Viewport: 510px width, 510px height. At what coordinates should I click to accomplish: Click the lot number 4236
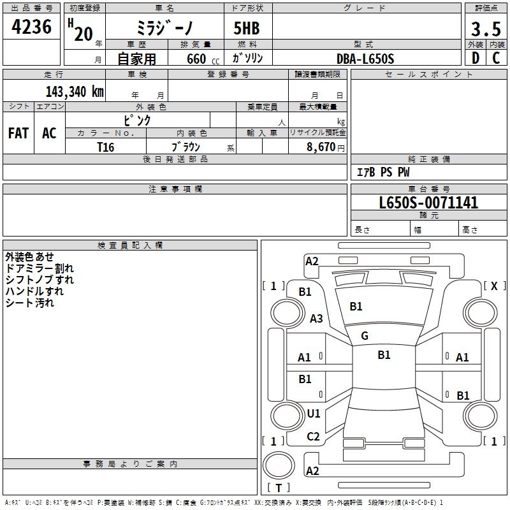click(x=32, y=27)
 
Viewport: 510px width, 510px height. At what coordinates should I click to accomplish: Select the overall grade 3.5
click(x=484, y=29)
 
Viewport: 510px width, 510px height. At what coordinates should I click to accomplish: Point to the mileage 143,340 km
click(x=75, y=91)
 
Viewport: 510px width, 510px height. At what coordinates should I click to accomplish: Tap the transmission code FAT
click(x=18, y=133)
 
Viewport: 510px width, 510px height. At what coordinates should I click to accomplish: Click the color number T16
click(x=105, y=147)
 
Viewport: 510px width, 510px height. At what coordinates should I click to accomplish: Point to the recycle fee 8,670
click(x=321, y=147)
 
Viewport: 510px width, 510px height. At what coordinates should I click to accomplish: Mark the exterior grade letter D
click(x=475, y=58)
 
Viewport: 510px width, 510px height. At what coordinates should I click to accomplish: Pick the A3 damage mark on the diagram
click(x=316, y=319)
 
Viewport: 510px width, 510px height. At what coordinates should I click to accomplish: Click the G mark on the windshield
click(x=365, y=336)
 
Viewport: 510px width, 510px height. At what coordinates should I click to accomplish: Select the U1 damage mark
click(x=314, y=414)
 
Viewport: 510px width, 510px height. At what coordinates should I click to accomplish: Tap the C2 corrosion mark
click(x=314, y=437)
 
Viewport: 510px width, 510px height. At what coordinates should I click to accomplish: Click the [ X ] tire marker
click(x=494, y=286)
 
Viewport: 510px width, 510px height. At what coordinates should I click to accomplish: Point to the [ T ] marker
click(x=279, y=488)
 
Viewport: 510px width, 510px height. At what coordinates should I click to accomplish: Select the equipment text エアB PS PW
click(x=382, y=172)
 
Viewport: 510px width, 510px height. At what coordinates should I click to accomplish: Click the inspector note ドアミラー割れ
click(x=39, y=268)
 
